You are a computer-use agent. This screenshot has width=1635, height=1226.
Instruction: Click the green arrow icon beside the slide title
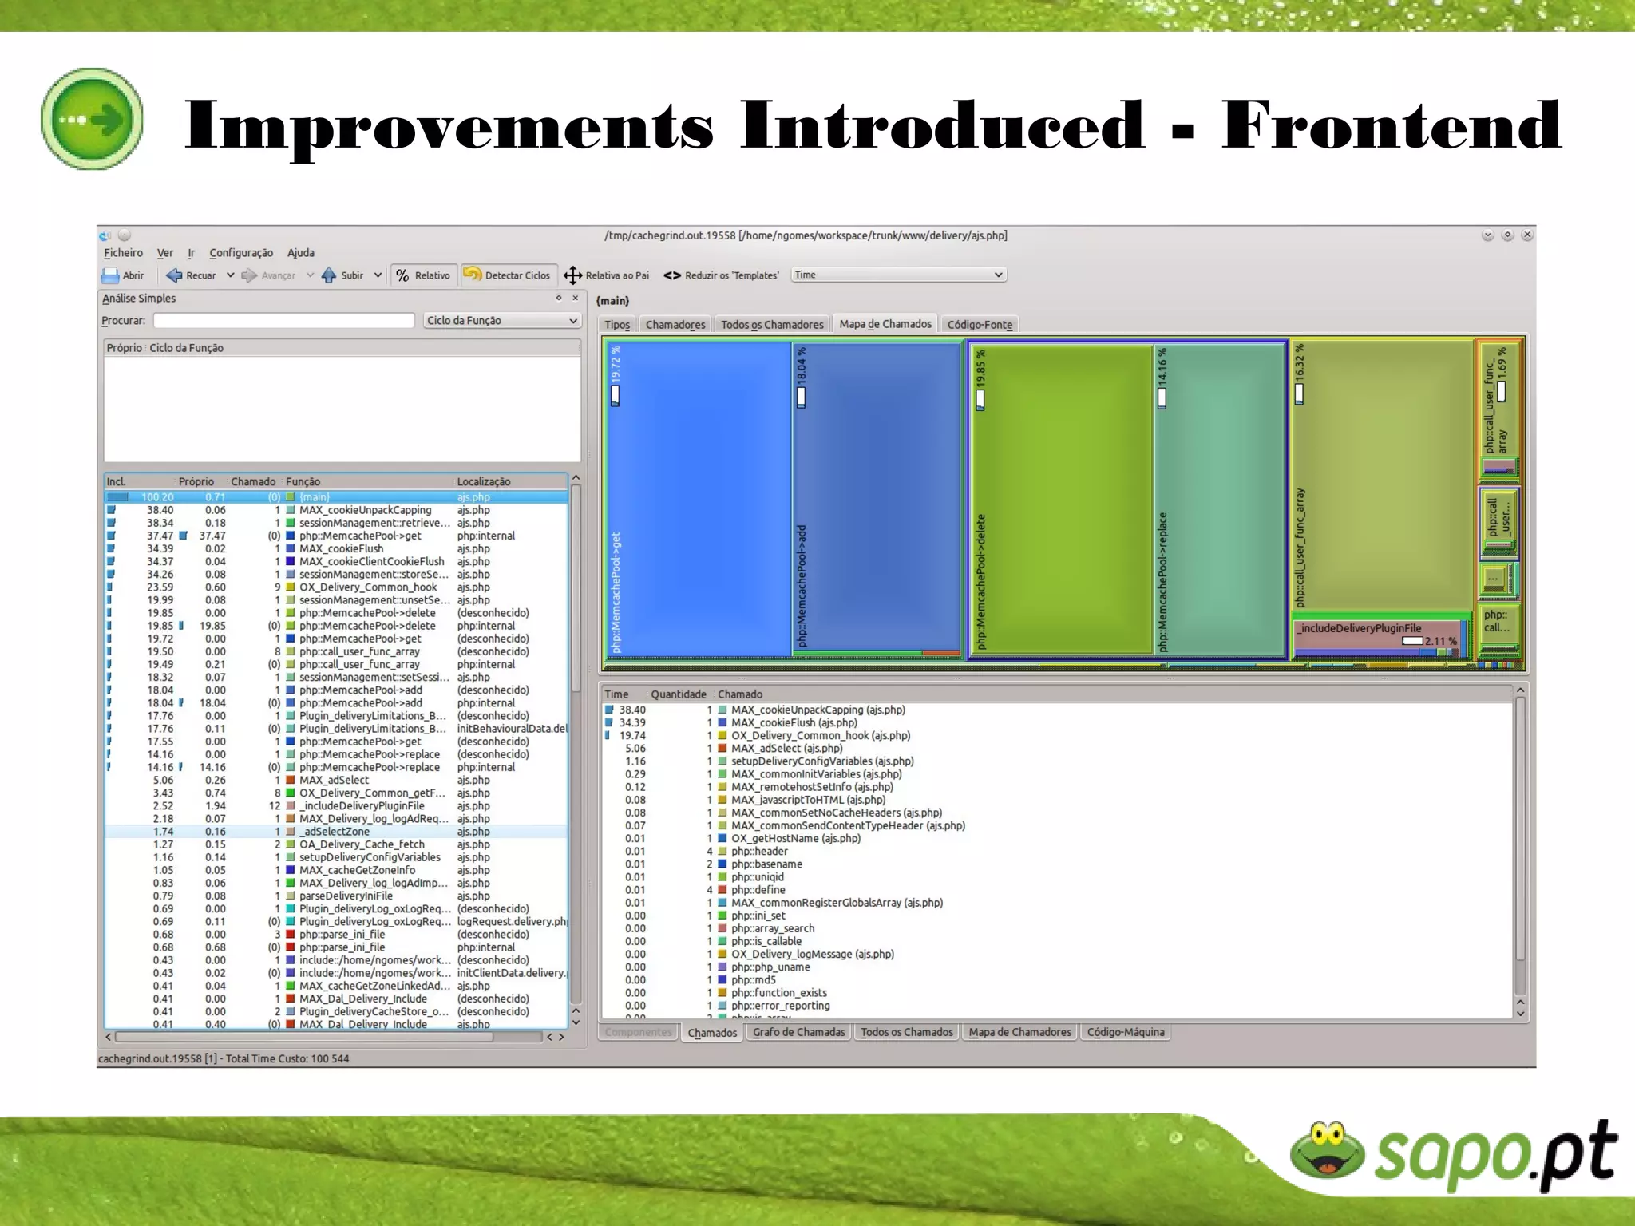pos(92,119)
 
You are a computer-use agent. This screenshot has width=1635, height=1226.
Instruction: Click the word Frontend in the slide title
pos(1391,125)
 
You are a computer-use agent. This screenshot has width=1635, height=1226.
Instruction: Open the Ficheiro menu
pos(123,253)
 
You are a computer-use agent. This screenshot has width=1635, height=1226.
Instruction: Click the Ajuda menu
pos(301,253)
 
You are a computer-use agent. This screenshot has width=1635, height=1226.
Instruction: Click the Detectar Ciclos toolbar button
pos(507,275)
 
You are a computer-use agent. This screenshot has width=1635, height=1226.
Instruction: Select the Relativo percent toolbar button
pos(423,275)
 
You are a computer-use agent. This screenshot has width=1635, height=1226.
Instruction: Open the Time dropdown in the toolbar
pos(898,275)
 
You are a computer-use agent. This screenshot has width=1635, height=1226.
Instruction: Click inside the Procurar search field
pos(283,321)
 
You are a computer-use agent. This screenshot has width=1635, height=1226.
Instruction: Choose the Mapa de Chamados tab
pos(885,324)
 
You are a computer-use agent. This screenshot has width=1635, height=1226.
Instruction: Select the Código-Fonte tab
pos(980,325)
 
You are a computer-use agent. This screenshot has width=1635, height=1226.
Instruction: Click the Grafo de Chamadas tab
pos(798,1032)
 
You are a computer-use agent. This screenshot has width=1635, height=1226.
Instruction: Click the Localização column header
pos(484,481)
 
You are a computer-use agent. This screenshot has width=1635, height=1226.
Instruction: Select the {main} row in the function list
pos(315,497)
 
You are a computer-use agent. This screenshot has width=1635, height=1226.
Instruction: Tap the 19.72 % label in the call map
pos(616,363)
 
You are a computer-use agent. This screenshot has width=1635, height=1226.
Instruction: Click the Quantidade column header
pos(678,694)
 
